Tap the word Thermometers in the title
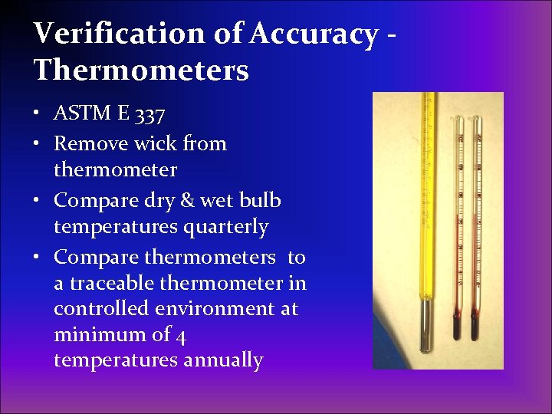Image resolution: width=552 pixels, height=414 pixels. tap(141, 71)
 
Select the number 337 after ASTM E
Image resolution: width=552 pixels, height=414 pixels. tap(149, 115)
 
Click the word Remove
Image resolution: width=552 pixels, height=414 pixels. tap(86, 143)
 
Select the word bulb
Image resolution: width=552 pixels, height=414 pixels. tap(260, 200)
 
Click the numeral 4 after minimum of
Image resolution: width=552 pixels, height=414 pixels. tap(182, 335)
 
